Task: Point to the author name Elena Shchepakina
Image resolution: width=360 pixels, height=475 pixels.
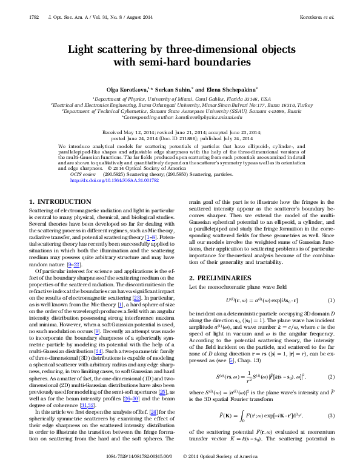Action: pyautogui.click(x=226, y=89)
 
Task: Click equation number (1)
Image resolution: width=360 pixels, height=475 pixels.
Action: pyautogui.click(x=331, y=300)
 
